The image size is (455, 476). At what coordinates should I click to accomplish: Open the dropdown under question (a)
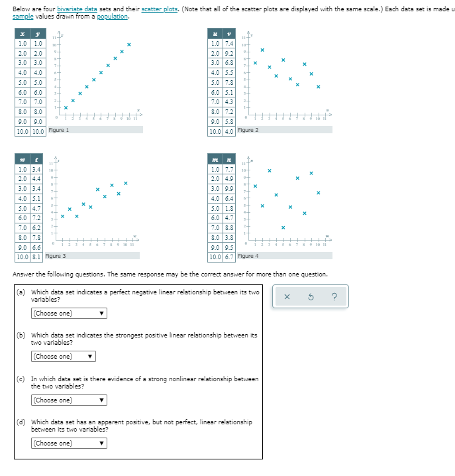pyautogui.click(x=69, y=314)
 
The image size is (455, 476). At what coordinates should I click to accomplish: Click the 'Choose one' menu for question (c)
pyautogui.click(x=69, y=400)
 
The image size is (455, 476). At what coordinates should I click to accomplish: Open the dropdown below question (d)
pyautogui.click(x=69, y=444)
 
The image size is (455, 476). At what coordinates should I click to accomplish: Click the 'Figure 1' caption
pyautogui.click(x=58, y=130)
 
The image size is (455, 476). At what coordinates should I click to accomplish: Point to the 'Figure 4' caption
pyautogui.click(x=248, y=257)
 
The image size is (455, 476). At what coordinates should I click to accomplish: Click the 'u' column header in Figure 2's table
pyautogui.click(x=216, y=33)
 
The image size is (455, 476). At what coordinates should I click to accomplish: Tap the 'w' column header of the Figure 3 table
pyautogui.click(x=22, y=160)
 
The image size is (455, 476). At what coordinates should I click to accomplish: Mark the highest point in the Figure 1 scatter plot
pyautogui.click(x=129, y=44)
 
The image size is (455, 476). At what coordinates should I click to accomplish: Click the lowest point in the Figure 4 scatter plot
pyautogui.click(x=283, y=227)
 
